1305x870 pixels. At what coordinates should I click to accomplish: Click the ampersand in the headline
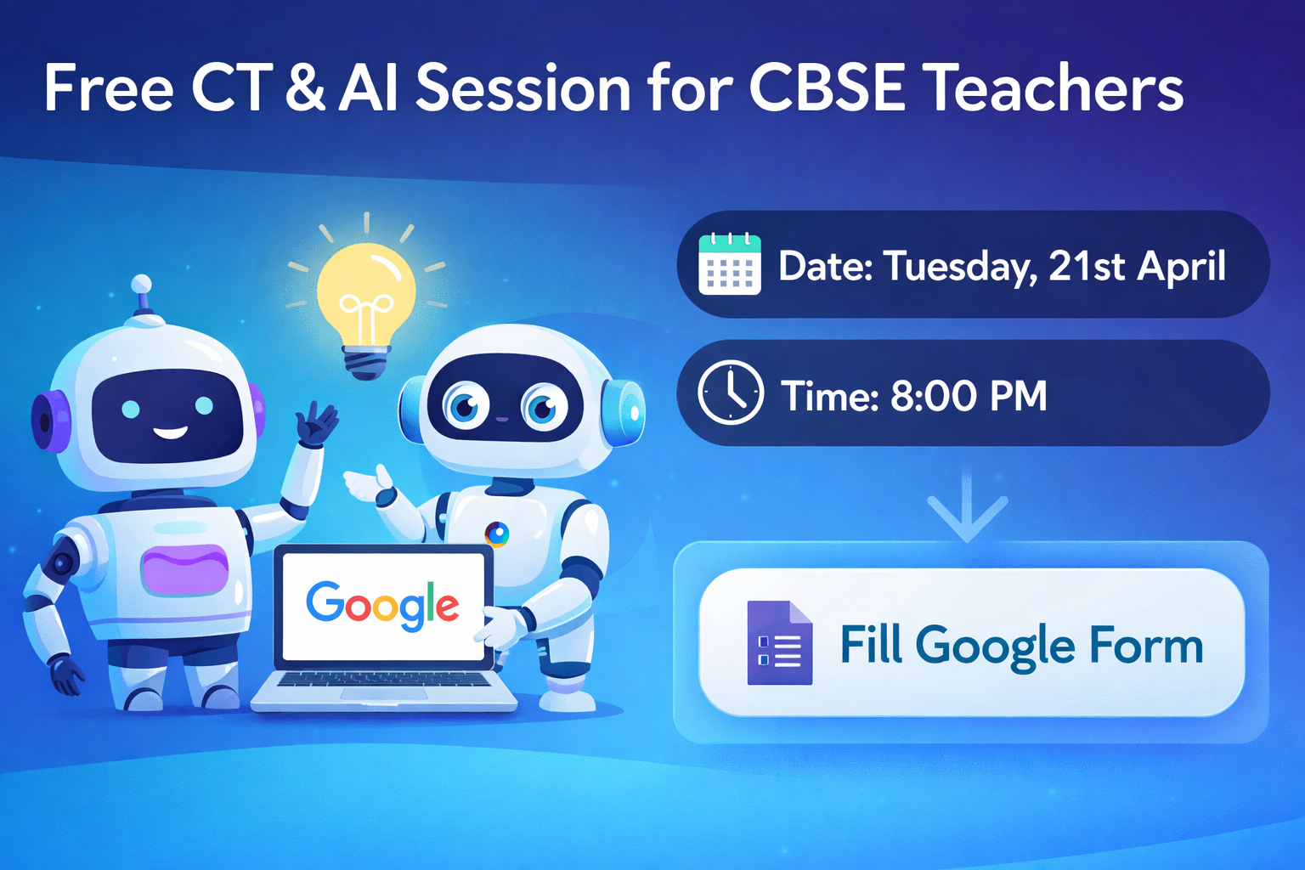point(304,88)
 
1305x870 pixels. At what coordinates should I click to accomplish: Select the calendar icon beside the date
point(729,264)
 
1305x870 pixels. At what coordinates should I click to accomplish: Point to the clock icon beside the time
point(731,393)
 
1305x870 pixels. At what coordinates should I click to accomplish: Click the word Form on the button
point(1146,645)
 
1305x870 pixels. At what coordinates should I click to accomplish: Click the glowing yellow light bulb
point(366,293)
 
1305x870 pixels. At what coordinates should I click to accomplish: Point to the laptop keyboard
point(383,680)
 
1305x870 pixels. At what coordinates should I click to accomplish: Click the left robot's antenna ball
point(142,284)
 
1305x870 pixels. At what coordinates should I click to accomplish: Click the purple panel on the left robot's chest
point(185,570)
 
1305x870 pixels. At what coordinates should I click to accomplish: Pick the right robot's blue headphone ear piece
point(625,412)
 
